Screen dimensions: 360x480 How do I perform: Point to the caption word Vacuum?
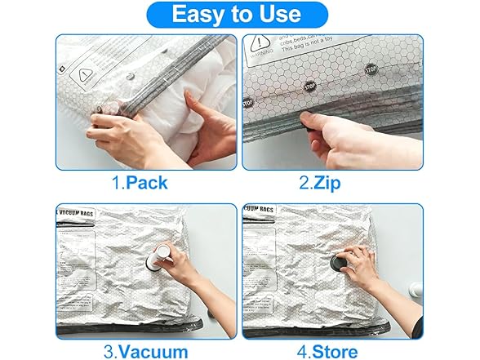[x=153, y=352]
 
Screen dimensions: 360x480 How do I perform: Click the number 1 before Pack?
[x=114, y=183]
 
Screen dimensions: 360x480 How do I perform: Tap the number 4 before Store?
[x=303, y=352]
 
